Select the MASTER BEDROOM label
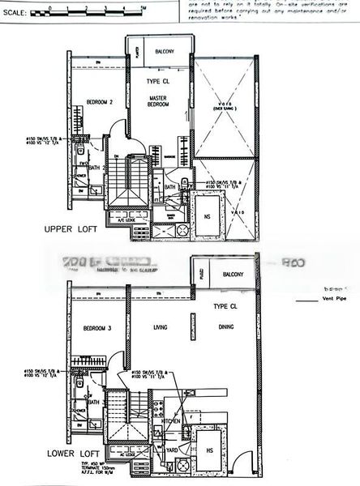157,100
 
